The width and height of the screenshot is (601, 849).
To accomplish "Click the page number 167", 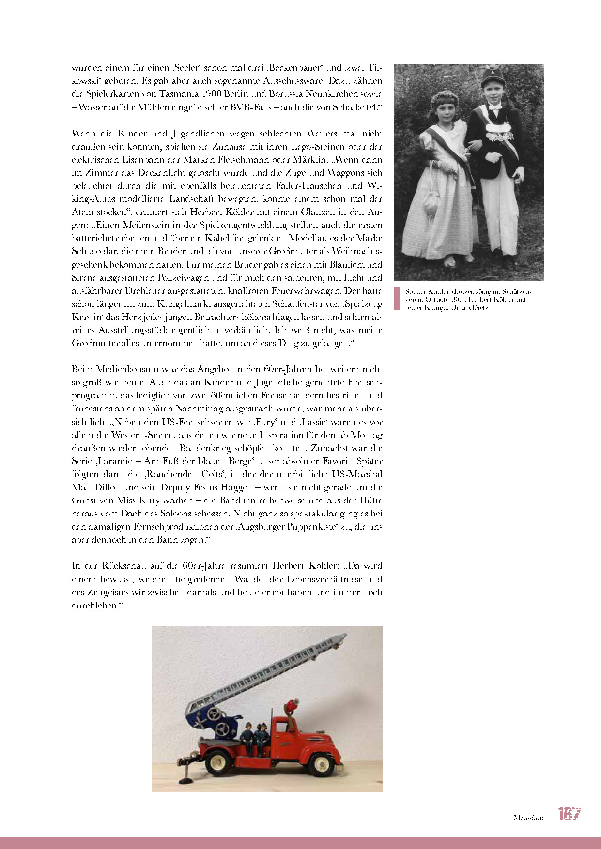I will (x=569, y=814).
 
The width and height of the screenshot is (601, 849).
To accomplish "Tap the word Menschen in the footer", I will (x=528, y=818).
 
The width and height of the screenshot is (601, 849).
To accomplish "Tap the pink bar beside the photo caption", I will (x=397, y=299).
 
